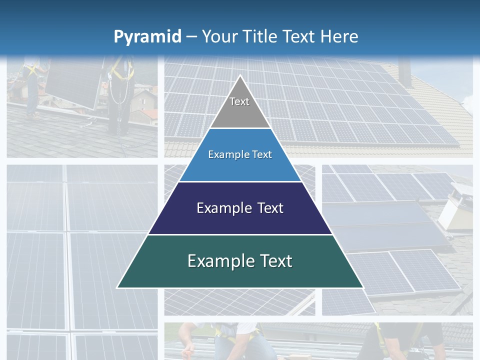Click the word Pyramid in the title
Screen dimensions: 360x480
[147, 36]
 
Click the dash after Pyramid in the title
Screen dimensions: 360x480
[191, 37]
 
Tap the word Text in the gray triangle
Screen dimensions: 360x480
[239, 101]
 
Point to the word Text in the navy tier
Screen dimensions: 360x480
[268, 208]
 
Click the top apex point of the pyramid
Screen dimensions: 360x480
[240, 76]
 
